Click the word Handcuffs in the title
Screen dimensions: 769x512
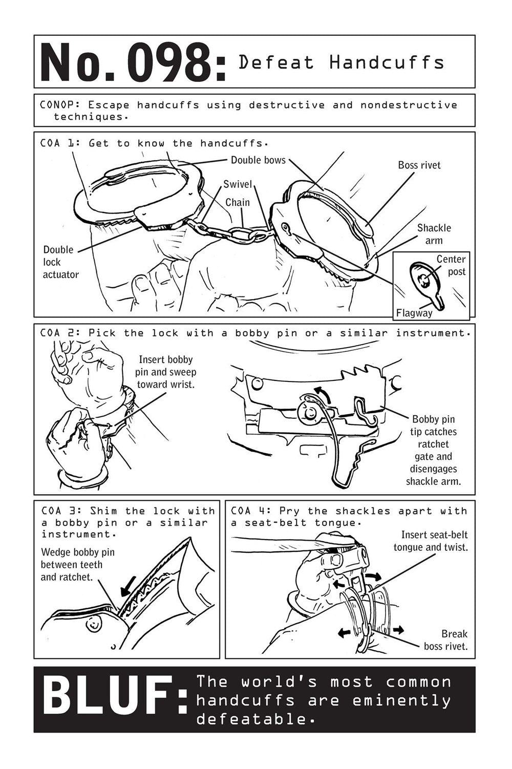[x=387, y=62]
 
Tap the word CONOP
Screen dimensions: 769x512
[x=58, y=105]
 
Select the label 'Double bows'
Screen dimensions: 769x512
[x=258, y=160]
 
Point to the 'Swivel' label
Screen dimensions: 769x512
[x=237, y=184]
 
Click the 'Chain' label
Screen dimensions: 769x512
[x=238, y=202]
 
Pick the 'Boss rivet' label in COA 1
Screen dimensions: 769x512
[x=419, y=165]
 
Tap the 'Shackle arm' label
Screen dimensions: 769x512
[x=434, y=234]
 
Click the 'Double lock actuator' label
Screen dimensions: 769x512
[x=60, y=262]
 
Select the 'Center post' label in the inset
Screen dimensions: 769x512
[x=450, y=265]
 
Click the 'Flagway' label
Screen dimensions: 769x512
[x=414, y=312]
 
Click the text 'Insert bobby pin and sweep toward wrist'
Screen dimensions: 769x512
[x=165, y=372]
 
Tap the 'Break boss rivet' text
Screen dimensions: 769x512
[x=446, y=639]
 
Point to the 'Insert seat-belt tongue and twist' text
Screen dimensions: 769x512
[x=430, y=541]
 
